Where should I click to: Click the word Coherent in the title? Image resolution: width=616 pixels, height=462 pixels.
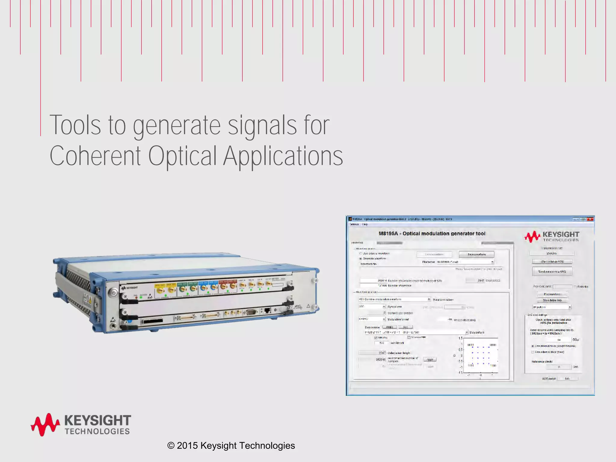pos(95,156)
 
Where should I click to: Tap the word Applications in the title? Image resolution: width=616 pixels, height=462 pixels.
pos(283,156)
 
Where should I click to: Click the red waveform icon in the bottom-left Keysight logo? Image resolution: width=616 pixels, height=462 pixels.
pos(45,424)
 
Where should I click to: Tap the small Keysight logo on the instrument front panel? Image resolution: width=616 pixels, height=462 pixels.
pos(130,288)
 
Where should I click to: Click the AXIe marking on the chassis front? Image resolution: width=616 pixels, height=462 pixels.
pos(297,307)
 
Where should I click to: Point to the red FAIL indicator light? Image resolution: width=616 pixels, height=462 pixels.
pos(136,297)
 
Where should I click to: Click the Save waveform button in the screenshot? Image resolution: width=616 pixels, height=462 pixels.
pos(476,254)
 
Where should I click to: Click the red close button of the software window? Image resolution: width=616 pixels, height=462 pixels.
pos(590,219)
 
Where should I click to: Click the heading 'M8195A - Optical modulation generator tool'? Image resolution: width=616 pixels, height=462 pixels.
pos(432,233)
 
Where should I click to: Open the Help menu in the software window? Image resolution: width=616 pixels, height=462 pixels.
pos(365,224)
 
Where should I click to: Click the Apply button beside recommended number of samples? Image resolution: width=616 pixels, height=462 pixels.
pos(430,359)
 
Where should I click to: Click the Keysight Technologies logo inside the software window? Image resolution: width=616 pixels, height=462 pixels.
pos(552,236)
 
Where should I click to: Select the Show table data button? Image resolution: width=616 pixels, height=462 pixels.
pos(552,300)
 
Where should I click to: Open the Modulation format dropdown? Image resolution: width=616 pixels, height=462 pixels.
pos(384,319)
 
